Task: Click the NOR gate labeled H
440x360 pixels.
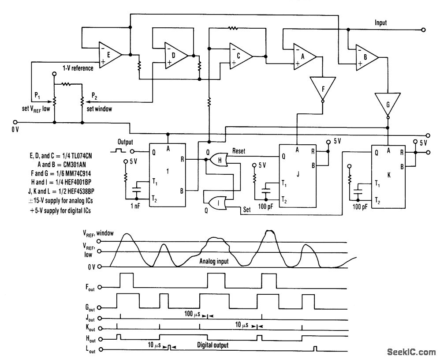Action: (219, 160)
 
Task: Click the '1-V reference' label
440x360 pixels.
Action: (78, 68)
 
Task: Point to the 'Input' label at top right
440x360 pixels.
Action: (380, 22)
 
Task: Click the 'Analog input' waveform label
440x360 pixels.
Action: (214, 262)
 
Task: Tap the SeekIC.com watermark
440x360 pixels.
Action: (410, 351)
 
